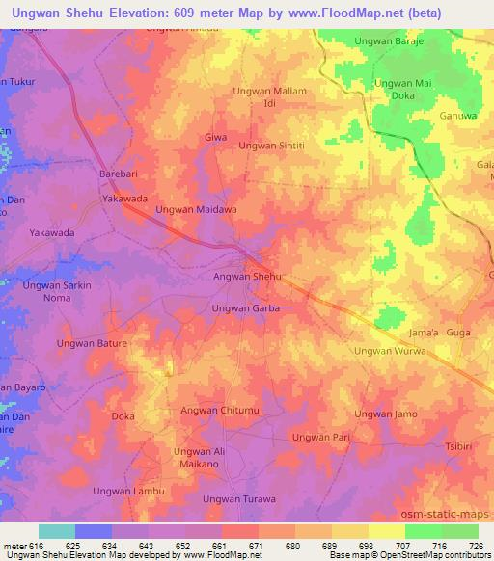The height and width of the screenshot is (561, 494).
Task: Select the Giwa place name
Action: (215, 138)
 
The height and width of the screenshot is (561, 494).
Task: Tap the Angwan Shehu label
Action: (246, 277)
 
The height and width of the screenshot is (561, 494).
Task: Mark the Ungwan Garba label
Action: (246, 308)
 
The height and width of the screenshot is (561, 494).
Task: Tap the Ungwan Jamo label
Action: (385, 414)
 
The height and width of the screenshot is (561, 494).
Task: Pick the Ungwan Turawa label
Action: (239, 499)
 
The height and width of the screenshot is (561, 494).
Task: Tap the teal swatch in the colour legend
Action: (56, 531)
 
